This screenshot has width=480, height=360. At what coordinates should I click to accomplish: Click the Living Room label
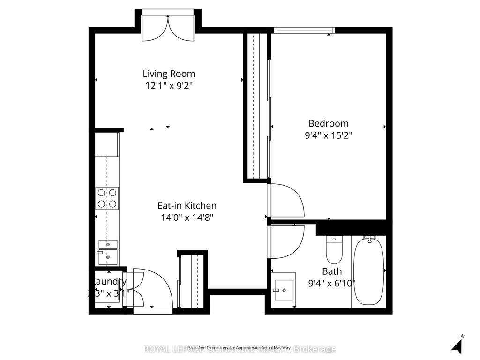click(x=169, y=74)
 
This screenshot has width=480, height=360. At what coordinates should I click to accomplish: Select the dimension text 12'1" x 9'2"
click(x=169, y=86)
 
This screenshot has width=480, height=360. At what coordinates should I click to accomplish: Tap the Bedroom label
click(x=328, y=123)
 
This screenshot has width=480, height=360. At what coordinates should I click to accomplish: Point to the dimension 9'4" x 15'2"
click(x=328, y=135)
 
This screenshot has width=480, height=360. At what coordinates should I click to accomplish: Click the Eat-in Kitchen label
click(x=187, y=205)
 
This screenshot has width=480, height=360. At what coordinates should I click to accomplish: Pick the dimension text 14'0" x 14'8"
click(x=187, y=217)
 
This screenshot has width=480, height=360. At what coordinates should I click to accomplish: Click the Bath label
click(x=331, y=271)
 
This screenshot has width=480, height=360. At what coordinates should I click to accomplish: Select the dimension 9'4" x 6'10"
click(x=331, y=283)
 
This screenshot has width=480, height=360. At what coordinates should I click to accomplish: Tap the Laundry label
click(x=109, y=282)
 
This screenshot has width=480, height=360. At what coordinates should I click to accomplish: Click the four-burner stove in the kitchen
click(x=107, y=198)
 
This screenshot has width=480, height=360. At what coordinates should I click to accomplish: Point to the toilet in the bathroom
click(x=334, y=250)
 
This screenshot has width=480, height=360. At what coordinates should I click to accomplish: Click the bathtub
click(x=369, y=271)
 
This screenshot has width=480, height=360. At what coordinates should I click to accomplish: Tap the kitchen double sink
click(x=108, y=251)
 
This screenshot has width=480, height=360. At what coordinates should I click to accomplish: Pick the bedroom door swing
click(x=285, y=201)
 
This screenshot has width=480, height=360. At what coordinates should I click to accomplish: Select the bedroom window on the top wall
click(x=305, y=30)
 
